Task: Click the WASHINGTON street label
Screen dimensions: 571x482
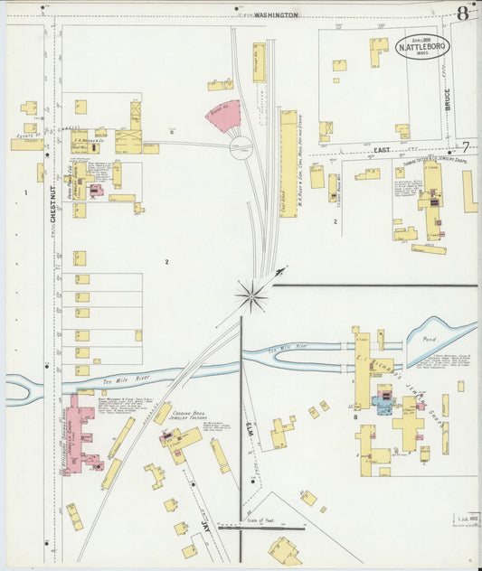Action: (276, 15)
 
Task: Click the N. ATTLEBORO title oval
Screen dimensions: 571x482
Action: (421, 47)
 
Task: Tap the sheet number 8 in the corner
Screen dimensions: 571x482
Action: (463, 13)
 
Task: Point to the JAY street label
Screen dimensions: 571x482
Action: (206, 523)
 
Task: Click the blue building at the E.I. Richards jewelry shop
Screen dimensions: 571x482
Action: (383, 407)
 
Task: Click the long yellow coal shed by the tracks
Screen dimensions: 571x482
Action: (288, 163)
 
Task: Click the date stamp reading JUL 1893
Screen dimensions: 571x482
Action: (466, 518)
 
